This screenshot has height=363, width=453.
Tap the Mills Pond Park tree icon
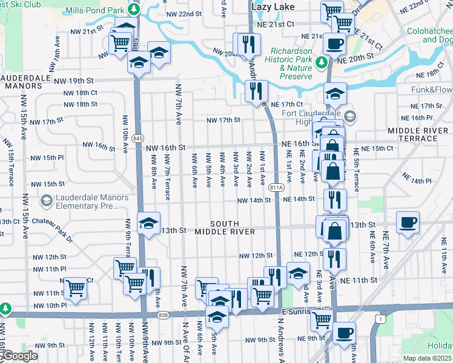(136, 10)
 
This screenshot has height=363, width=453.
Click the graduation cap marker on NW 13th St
(149, 223)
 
